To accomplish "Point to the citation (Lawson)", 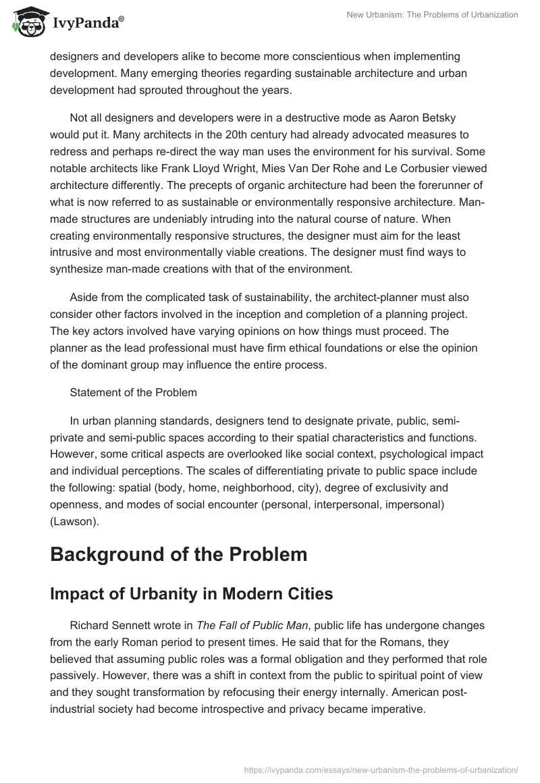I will pyautogui.click(x=75, y=503).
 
